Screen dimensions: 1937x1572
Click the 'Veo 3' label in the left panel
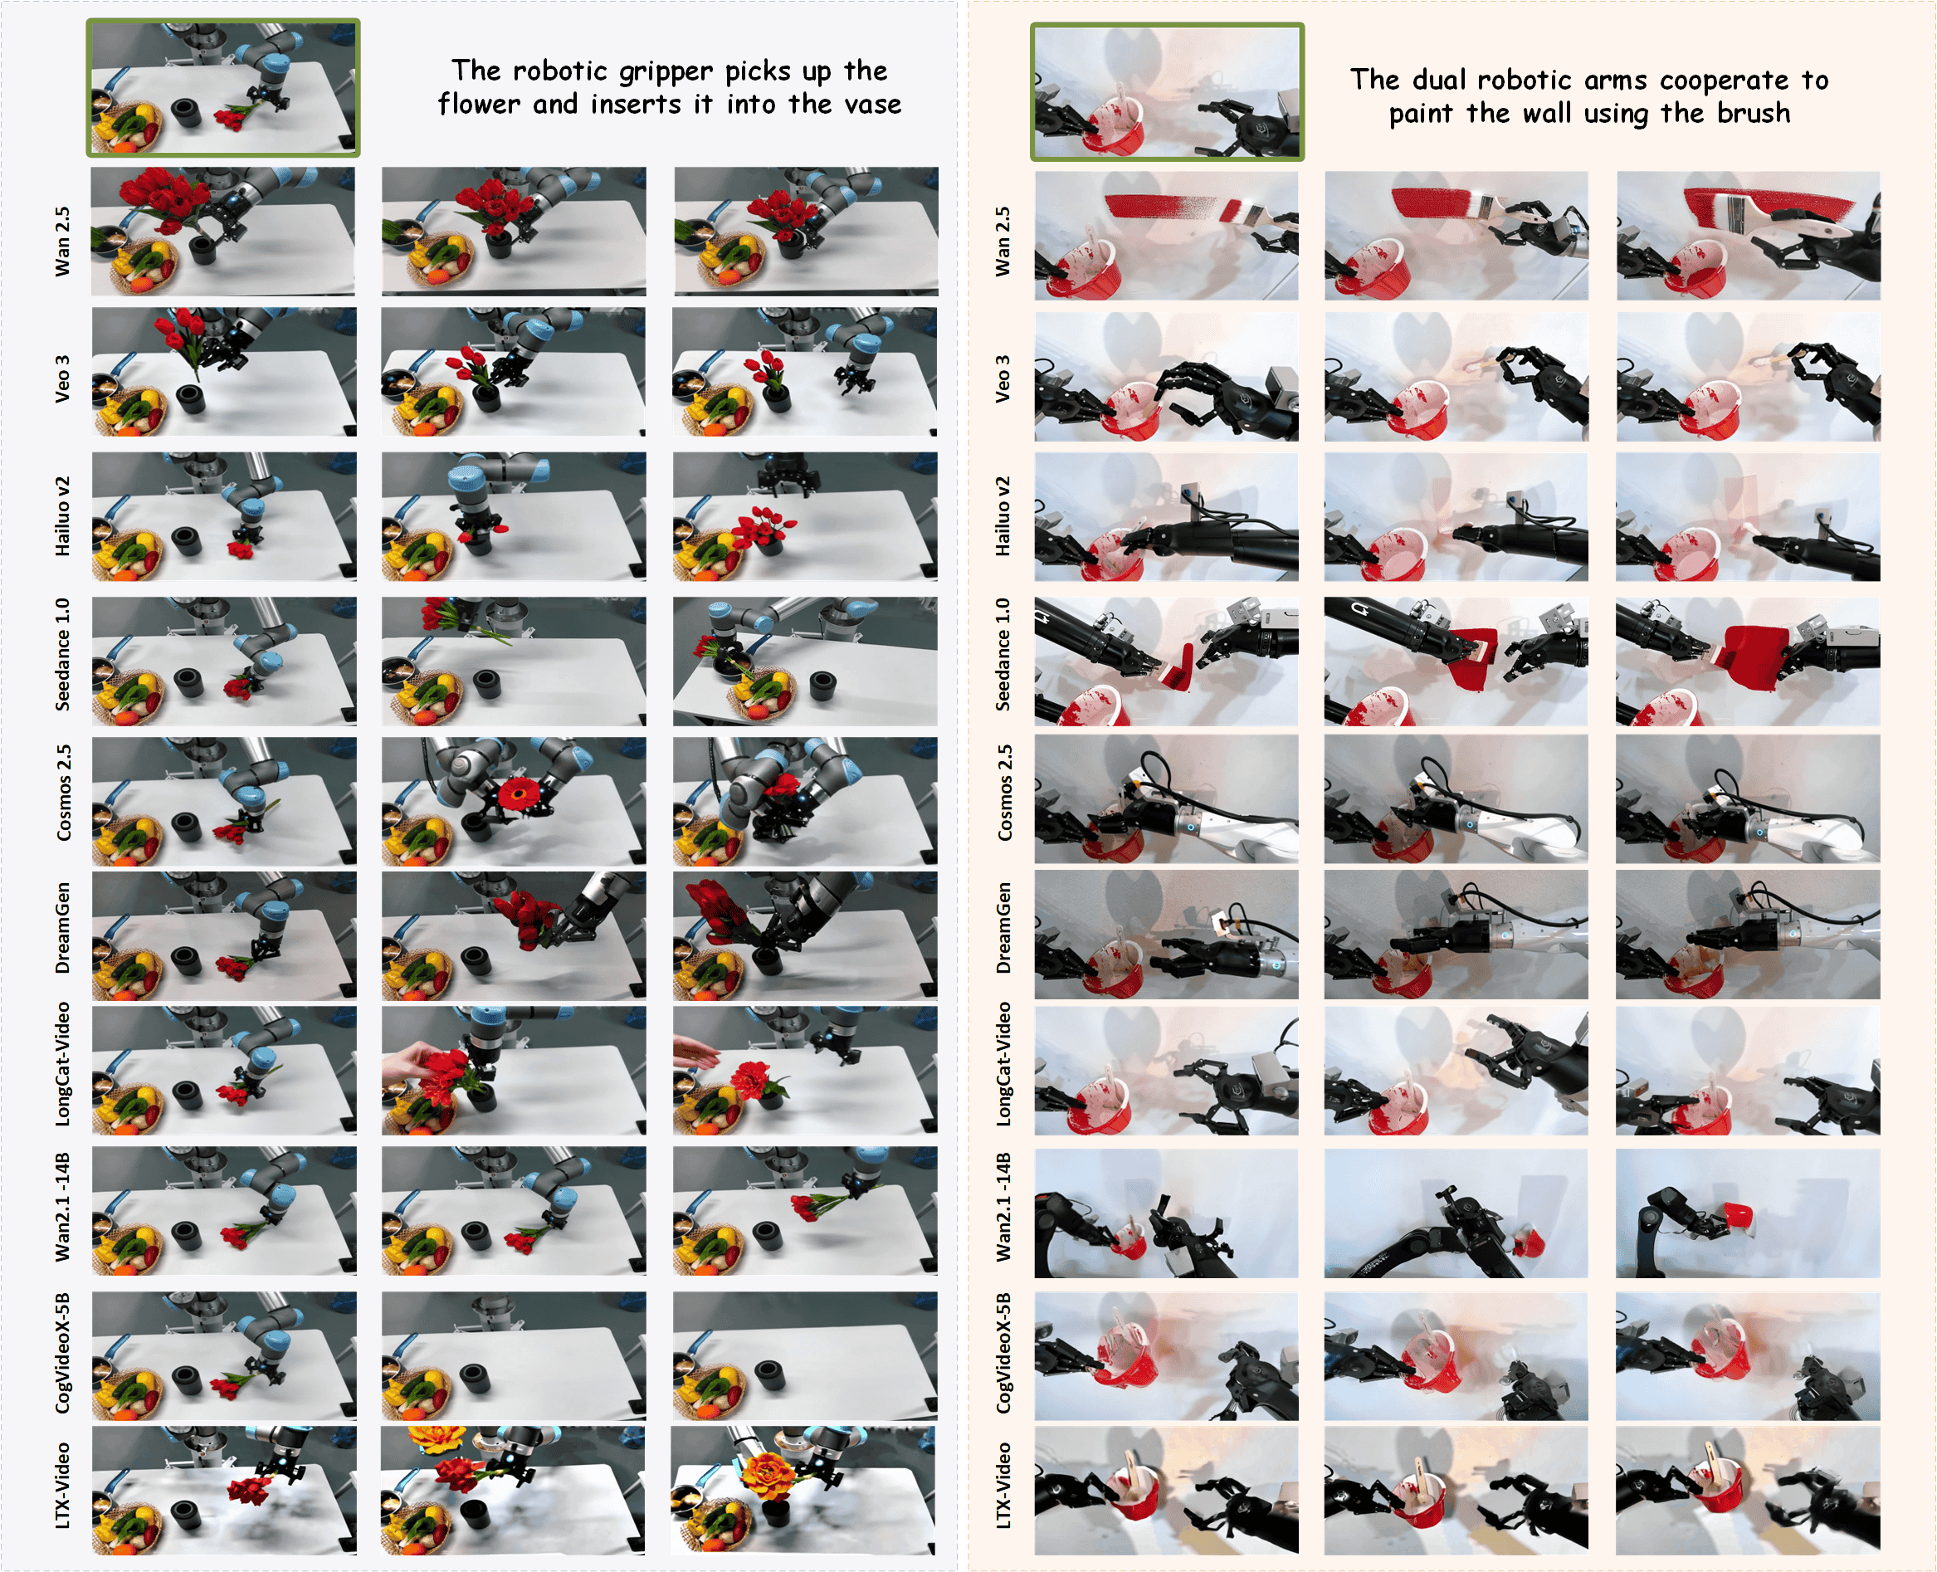coord(61,378)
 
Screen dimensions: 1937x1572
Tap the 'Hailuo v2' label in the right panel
coord(1003,516)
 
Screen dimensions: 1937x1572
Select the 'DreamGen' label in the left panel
coord(62,928)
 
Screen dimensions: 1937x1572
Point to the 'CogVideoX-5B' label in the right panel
coord(1003,1353)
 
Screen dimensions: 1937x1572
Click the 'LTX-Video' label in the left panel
coord(62,1485)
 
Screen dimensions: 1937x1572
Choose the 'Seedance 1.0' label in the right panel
coord(1003,654)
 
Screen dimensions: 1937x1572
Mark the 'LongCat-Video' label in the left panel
coord(62,1064)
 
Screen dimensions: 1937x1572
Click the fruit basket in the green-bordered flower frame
coord(126,128)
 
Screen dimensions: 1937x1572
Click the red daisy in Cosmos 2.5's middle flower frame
coord(518,796)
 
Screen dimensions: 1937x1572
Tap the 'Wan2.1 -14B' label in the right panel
coord(1003,1207)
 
